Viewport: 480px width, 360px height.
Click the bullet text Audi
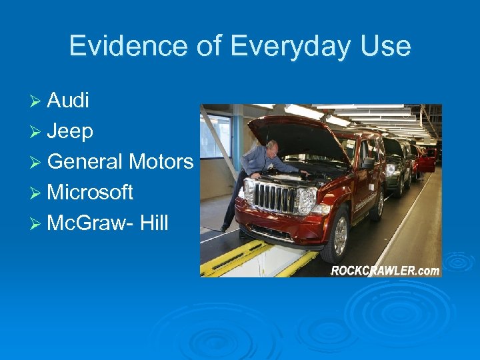pyautogui.click(x=69, y=101)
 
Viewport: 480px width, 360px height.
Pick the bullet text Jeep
pyautogui.click(x=70, y=131)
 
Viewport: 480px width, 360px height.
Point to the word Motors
pyautogui.click(x=161, y=162)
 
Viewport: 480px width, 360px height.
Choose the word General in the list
pyautogui.click(x=85, y=162)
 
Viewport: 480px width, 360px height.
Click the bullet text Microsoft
pyautogui.click(x=91, y=193)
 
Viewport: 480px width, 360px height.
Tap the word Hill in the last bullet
pyautogui.click(x=155, y=223)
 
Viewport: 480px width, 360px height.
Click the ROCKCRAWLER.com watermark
pyautogui.click(x=385, y=270)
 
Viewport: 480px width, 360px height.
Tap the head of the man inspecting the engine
pyautogui.click(x=272, y=147)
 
